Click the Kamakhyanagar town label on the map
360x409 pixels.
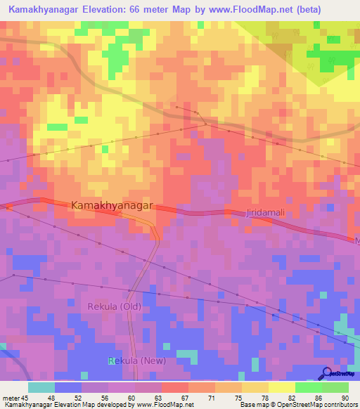pos(112,204)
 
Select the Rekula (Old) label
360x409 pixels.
pos(115,307)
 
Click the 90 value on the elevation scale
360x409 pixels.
pos(345,396)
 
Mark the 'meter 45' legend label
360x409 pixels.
pos(15,396)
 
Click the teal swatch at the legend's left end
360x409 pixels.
pos(41,387)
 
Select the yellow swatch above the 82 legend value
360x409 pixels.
pos(282,387)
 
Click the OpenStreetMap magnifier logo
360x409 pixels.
pos(328,373)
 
